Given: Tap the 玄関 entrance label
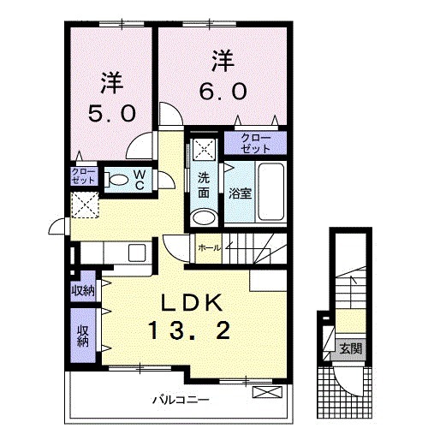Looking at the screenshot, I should [349, 348].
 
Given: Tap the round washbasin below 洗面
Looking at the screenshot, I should [204, 217].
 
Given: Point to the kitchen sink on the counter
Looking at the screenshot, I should [136, 254].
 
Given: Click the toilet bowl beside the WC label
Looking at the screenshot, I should [116, 180].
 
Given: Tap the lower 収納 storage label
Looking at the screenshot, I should [83, 336].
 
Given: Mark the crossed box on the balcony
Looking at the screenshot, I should [267, 394].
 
